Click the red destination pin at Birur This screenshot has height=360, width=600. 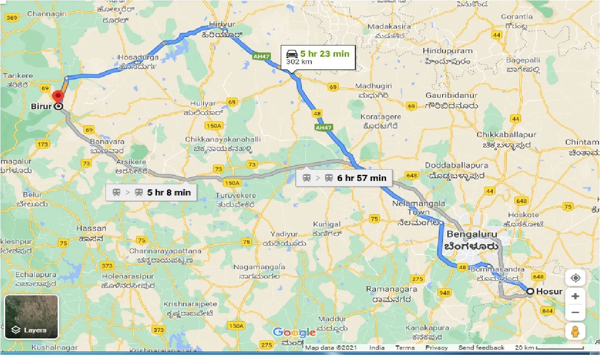click(x=58, y=97)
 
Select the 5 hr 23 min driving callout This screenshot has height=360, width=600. click(x=317, y=57)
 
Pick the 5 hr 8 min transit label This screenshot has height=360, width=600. click(x=150, y=192)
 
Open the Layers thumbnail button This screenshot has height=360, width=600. click(x=31, y=316)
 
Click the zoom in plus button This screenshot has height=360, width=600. click(x=575, y=296)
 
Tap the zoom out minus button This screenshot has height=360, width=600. click(x=575, y=313)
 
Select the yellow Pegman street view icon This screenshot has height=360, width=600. click(x=575, y=331)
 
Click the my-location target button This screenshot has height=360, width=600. click(x=575, y=278)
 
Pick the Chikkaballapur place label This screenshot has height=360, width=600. click(x=506, y=135)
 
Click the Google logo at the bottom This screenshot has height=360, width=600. click(x=294, y=333)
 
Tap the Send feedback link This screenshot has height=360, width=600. click(x=481, y=348)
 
